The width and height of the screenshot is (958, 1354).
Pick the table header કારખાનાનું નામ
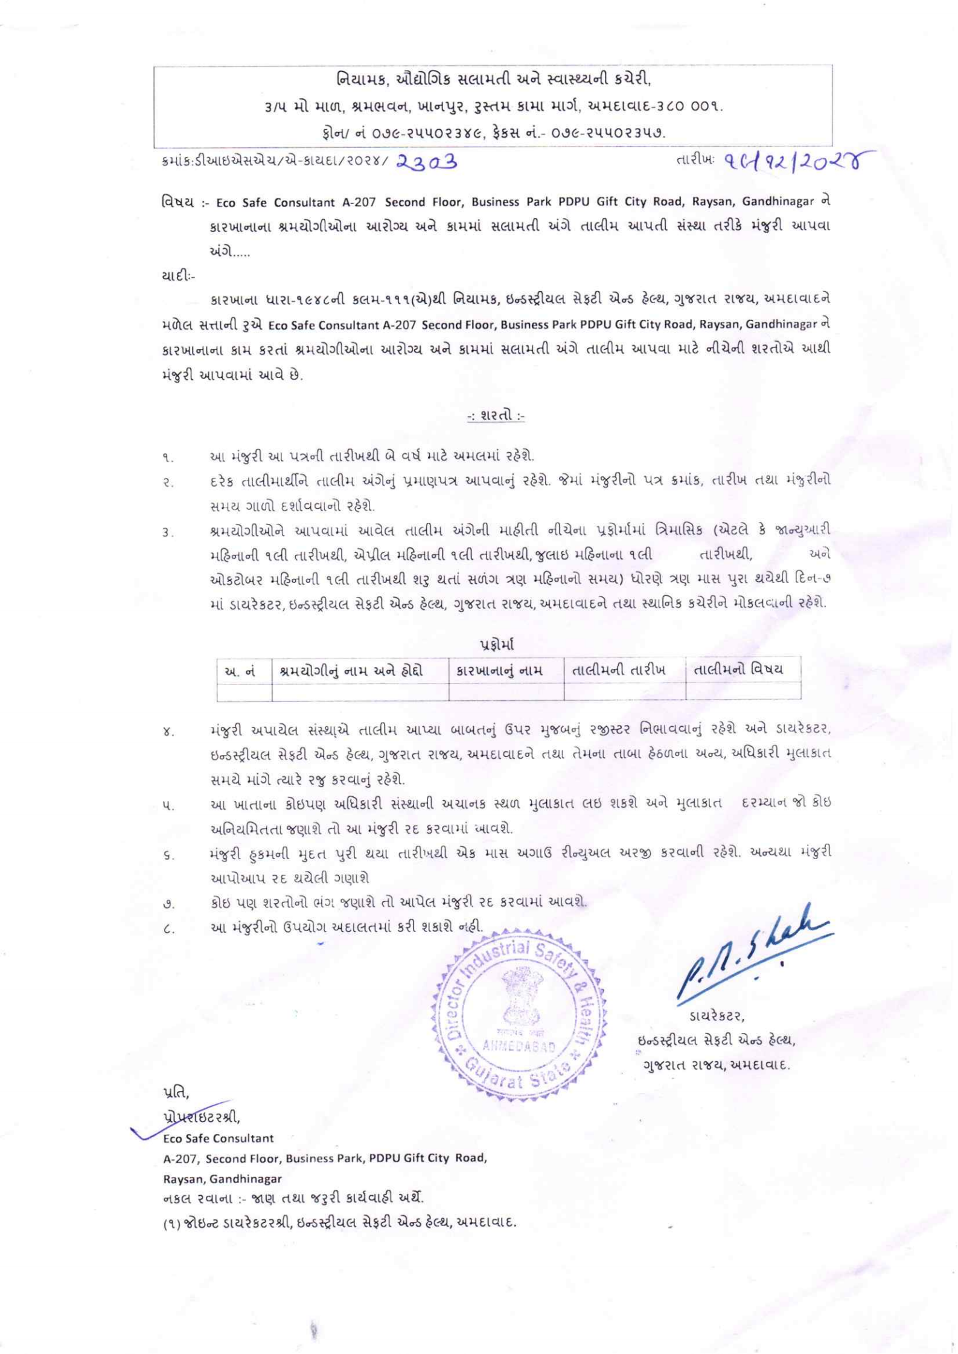coord(506,671)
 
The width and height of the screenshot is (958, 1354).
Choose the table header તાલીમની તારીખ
coord(624,671)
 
